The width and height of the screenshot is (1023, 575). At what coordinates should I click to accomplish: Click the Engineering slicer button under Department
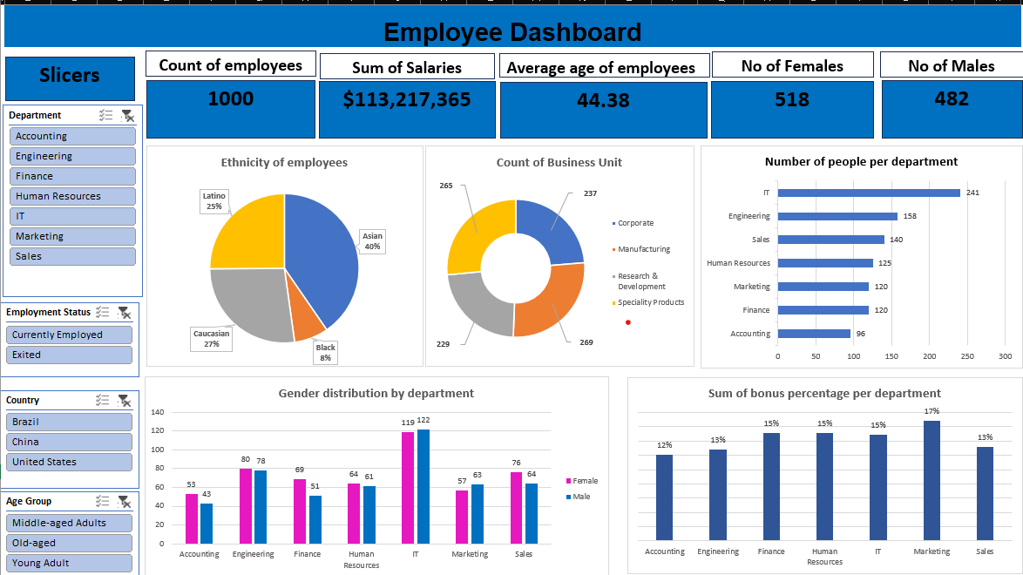click(x=72, y=156)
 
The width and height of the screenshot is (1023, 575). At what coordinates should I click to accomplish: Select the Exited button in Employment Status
click(x=70, y=355)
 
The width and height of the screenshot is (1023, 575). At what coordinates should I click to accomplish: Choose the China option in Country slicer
click(x=70, y=442)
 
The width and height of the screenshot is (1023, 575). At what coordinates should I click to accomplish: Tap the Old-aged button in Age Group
click(x=70, y=543)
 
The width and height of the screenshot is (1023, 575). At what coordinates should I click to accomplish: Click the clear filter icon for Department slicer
click(x=127, y=115)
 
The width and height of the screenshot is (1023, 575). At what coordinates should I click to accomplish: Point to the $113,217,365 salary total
click(x=407, y=100)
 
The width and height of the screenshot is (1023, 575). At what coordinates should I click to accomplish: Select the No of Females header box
click(x=792, y=65)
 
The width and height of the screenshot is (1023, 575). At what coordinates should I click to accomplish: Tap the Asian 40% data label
click(x=372, y=241)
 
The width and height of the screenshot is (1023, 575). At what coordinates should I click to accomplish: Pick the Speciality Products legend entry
click(x=650, y=302)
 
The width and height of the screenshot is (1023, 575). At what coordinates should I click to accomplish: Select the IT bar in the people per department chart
click(x=868, y=193)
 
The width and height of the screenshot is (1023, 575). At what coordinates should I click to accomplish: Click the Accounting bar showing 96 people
click(x=814, y=334)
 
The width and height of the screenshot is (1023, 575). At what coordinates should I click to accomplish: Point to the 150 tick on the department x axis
click(x=891, y=356)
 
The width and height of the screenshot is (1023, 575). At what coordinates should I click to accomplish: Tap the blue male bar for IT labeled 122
click(x=423, y=486)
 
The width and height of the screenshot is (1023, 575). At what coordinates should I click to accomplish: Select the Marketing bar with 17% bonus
click(x=932, y=480)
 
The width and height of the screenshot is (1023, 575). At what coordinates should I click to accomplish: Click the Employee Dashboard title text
click(x=511, y=32)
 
